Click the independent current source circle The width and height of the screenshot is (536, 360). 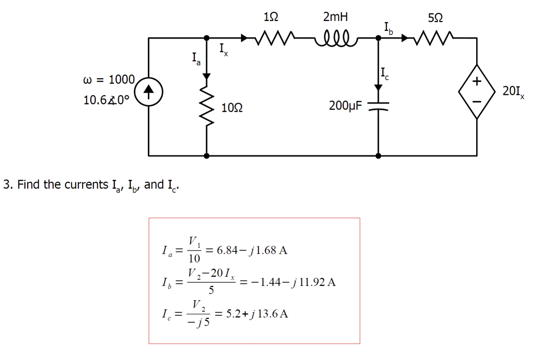tap(148, 92)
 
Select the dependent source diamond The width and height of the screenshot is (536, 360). tap(477, 92)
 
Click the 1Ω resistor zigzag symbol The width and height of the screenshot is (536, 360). tap(274, 38)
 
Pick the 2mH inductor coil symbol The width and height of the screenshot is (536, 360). tap(335, 38)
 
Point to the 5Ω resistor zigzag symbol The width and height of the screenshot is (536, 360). tap(434, 38)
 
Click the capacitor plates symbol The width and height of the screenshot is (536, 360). tap(378, 106)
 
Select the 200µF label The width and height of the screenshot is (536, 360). tap(345, 106)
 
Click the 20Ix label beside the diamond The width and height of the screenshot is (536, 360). tap(513, 91)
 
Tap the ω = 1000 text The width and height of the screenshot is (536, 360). tap(109, 80)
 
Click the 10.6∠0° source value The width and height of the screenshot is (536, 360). tap(106, 100)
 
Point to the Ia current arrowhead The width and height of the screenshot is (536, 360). tap(207, 76)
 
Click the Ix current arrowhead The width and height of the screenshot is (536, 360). tap(244, 38)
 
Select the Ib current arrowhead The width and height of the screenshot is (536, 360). tap(404, 38)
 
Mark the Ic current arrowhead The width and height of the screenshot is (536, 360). tap(378, 87)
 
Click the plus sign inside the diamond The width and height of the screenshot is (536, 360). tap(477, 81)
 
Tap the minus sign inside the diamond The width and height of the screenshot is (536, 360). tap(477, 102)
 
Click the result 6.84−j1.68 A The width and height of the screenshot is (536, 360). tap(252, 250)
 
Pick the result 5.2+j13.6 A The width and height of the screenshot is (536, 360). tap(257, 314)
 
